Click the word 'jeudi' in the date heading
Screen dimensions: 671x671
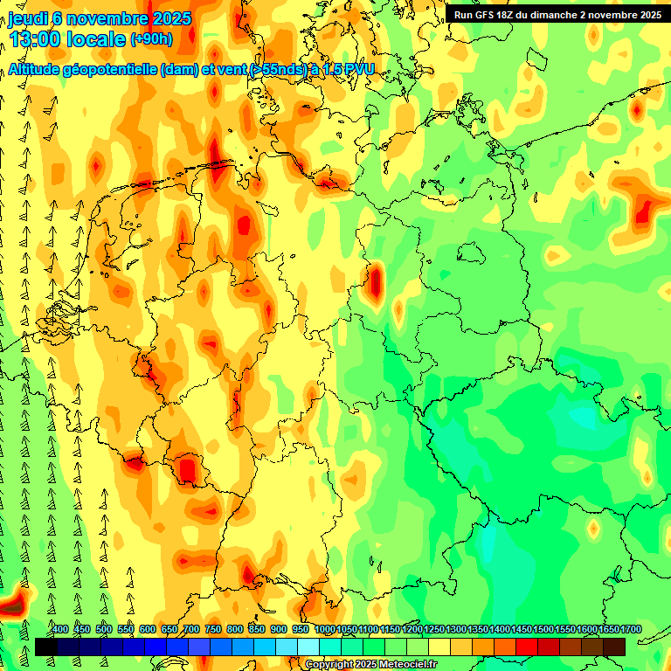[28, 17]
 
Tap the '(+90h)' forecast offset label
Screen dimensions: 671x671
[151, 39]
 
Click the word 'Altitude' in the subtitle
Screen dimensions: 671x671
[38, 70]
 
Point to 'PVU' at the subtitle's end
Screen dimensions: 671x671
[356, 70]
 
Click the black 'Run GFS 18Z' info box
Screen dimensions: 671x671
[557, 14]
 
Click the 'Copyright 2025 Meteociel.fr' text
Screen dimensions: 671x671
[370, 665]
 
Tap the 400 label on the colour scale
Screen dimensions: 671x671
[60, 629]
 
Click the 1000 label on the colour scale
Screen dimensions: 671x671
[324, 629]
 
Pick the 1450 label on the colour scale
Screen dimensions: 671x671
[522, 629]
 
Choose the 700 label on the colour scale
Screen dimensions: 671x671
[191, 629]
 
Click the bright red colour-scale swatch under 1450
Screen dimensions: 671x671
[527, 647]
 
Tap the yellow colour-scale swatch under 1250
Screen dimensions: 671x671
[439, 647]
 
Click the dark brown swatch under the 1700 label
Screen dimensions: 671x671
[614, 647]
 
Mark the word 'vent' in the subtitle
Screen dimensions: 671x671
[231, 70]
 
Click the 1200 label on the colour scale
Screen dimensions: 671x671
[412, 629]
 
